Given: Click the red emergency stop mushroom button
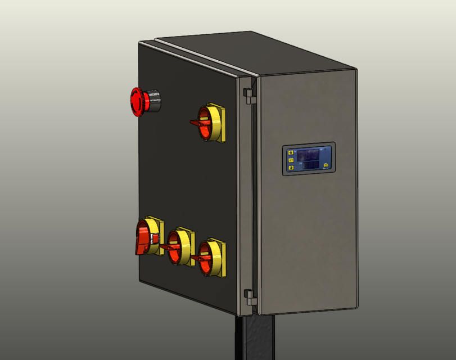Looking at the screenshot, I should tap(138, 101).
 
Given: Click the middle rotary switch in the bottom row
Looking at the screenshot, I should tap(179, 246).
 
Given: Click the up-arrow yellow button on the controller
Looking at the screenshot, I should tap(291, 152).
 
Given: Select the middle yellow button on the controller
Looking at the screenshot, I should tap(291, 160).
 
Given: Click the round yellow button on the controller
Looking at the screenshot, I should tap(325, 164).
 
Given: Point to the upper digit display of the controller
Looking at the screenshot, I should tap(309, 154).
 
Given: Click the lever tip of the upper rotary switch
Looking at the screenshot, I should tap(193, 123).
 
